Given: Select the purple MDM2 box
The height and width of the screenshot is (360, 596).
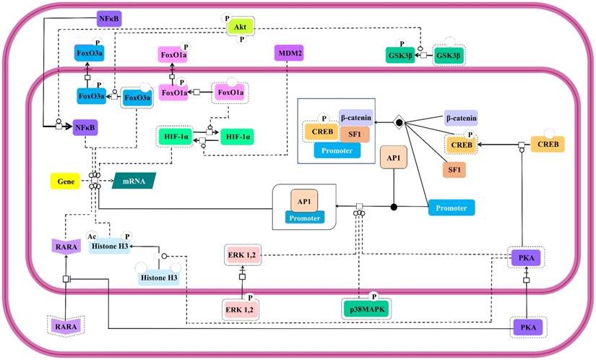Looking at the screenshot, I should pyautogui.click(x=288, y=53).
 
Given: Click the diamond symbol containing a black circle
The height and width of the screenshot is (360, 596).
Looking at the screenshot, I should pyautogui.click(x=397, y=123).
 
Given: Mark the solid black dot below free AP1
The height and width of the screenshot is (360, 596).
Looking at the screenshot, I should pyautogui.click(x=394, y=207).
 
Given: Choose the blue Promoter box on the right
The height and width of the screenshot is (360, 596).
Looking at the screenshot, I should pyautogui.click(x=451, y=208).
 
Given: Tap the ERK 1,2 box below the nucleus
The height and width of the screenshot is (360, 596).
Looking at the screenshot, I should pyautogui.click(x=241, y=309).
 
